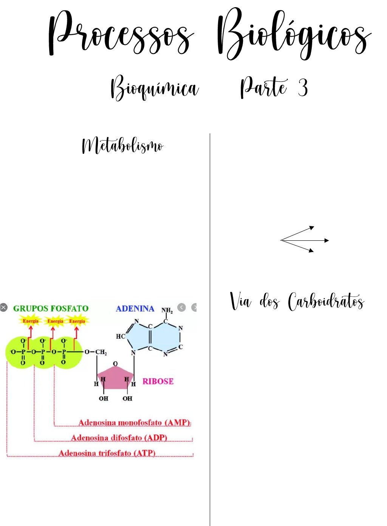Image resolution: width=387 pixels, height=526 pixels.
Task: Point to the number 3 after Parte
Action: click(x=303, y=87)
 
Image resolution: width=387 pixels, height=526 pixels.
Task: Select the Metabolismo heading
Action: click(x=122, y=146)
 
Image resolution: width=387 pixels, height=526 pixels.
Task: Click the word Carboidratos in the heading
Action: click(x=326, y=302)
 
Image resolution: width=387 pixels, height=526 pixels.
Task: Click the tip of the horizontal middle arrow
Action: click(x=328, y=240)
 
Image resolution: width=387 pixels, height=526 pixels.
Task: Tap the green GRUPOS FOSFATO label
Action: click(x=51, y=308)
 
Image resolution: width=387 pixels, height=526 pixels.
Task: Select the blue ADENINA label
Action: click(x=135, y=309)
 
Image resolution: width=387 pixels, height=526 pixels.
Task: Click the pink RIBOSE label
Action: click(x=158, y=381)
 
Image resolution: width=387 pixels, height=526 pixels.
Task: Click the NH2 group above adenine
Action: click(x=167, y=311)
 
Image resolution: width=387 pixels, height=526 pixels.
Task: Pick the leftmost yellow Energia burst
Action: click(x=31, y=321)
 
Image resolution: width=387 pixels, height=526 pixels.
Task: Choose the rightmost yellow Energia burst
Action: click(x=77, y=321)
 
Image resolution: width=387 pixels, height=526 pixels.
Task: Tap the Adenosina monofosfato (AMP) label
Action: click(x=134, y=422)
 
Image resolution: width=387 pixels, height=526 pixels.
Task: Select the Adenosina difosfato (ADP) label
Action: click(x=119, y=438)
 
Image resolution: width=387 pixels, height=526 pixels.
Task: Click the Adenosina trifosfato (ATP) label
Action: click(x=107, y=453)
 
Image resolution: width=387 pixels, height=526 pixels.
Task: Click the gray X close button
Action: click(x=4, y=307)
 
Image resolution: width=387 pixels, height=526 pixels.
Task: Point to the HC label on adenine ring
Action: click(x=121, y=336)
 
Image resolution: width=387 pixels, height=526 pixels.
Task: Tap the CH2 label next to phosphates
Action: click(x=101, y=352)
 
